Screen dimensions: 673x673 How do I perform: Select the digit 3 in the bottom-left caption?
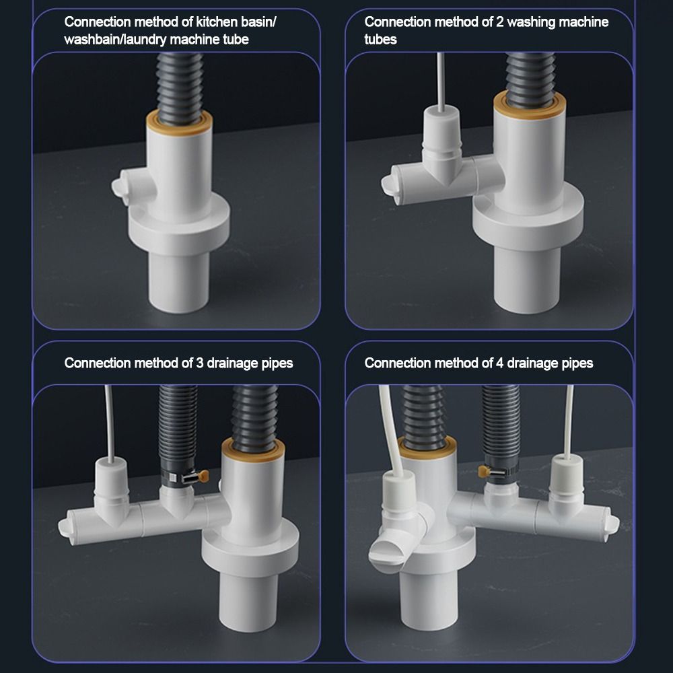(x=200, y=363)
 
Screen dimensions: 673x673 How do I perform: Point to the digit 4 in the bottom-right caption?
(x=500, y=363)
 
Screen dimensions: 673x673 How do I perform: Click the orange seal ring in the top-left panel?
(x=179, y=119)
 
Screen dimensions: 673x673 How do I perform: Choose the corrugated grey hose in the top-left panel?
(x=178, y=81)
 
